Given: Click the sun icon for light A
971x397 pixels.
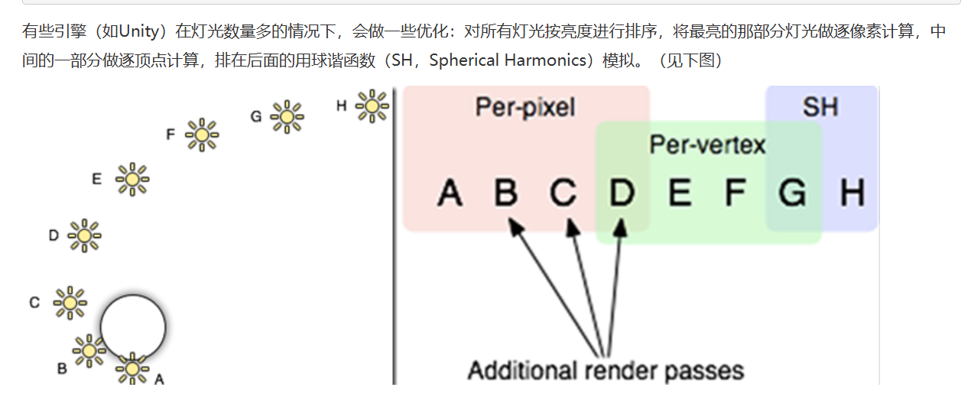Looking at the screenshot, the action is pos(132,369).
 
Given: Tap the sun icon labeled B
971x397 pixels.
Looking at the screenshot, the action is pos(89,350).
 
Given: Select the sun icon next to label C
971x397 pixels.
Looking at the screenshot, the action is pos(70,303).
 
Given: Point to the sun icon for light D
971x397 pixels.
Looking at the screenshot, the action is pos(84,236).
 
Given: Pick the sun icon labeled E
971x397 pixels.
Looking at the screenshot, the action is pos(132,179).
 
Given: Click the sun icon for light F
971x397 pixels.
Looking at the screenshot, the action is pos(202,135).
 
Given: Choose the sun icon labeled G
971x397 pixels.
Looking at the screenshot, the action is pos(287,117).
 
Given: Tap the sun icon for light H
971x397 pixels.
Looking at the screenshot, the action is pos(372,106).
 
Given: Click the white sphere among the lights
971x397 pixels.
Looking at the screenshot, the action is pos(133,327).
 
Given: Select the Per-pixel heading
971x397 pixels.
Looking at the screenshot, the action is pos(525,107).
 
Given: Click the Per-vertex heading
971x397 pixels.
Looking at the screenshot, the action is pos(707,144).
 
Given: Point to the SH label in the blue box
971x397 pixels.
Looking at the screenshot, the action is pos(820,107).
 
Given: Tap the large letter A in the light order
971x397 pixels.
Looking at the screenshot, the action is pos(450,193).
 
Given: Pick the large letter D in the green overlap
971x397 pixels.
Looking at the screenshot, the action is pos(622,193).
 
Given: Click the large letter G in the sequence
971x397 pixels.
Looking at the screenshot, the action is pos(792,193).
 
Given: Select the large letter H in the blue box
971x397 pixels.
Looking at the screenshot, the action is pos(852,193).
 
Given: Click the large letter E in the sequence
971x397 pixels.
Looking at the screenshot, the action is pos(679,193).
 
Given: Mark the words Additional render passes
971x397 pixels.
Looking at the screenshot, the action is pos(606,371).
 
